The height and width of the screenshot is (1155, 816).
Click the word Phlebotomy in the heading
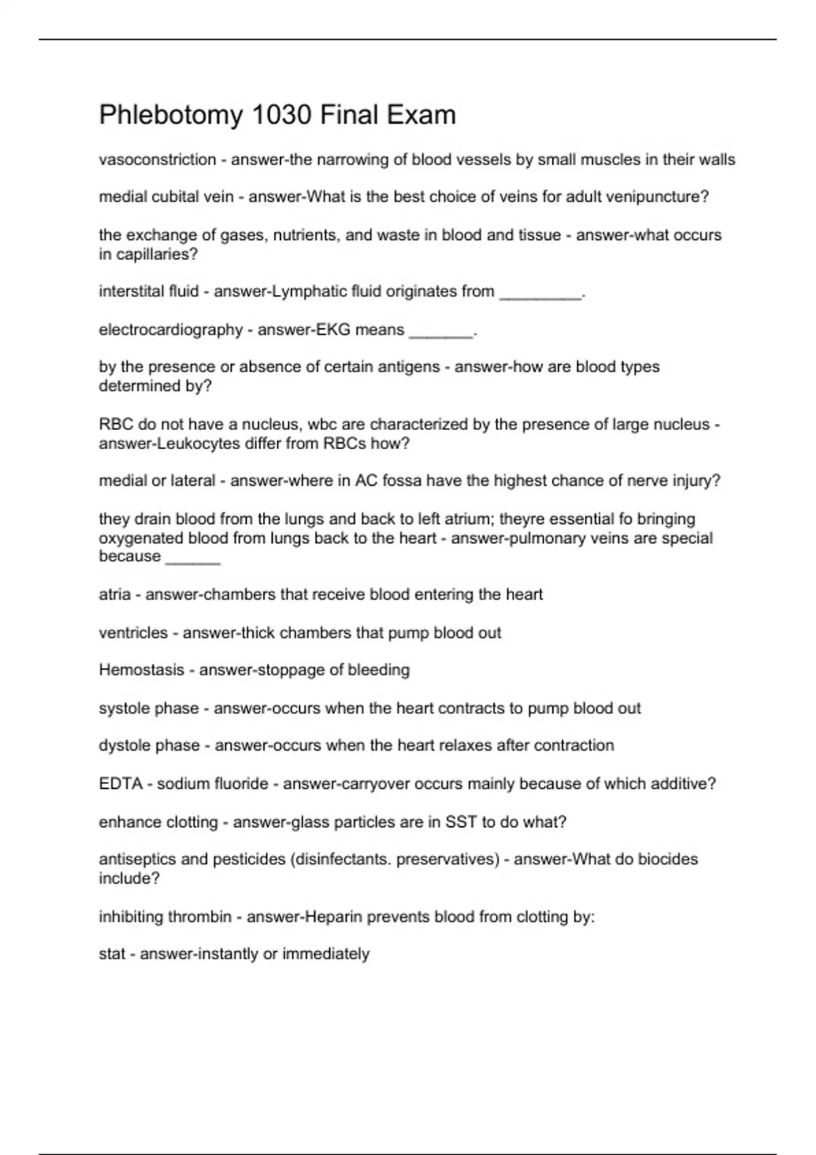(x=171, y=115)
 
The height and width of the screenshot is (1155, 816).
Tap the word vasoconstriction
(x=157, y=160)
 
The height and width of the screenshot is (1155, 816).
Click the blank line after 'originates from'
(x=541, y=293)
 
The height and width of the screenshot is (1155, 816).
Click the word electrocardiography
(x=171, y=330)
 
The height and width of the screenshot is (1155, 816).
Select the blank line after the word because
(x=193, y=558)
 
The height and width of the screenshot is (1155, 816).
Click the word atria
(x=114, y=594)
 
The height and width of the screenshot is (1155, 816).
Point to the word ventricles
(x=133, y=633)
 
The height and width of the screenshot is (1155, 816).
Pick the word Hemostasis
(x=141, y=670)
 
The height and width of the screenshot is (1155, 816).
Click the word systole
(x=124, y=708)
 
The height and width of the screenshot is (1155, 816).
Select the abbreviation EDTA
(x=120, y=784)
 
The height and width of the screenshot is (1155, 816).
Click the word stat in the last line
(x=112, y=954)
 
